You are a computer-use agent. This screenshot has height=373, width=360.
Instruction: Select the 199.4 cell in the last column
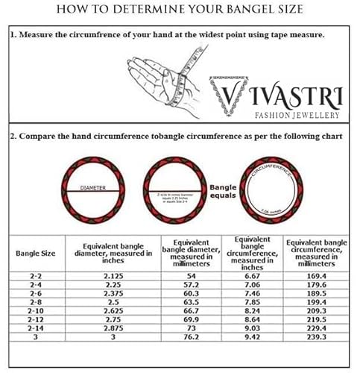pos(316,302)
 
